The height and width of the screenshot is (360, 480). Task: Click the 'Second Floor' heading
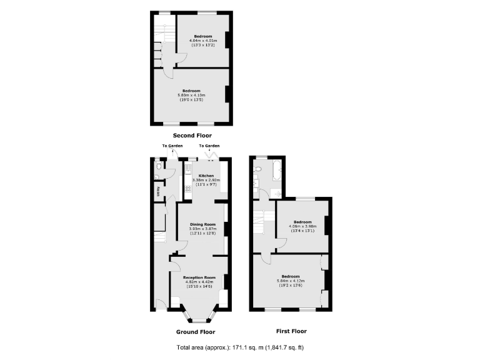(x=192, y=135)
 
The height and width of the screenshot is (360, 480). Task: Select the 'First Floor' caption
(x=291, y=331)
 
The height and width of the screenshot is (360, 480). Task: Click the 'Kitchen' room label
(x=206, y=176)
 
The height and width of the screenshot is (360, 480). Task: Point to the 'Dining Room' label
(x=202, y=224)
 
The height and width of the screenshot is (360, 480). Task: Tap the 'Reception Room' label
(x=200, y=277)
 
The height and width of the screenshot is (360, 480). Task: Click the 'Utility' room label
(x=158, y=191)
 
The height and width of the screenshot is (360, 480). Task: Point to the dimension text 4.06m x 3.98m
(x=302, y=226)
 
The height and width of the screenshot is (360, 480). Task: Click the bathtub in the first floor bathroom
(x=275, y=169)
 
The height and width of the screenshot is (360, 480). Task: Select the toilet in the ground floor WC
(x=159, y=167)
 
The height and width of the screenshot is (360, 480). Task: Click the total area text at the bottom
(x=240, y=347)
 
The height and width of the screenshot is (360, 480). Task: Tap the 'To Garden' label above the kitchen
(x=209, y=146)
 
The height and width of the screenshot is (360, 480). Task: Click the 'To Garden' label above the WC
(x=172, y=146)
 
